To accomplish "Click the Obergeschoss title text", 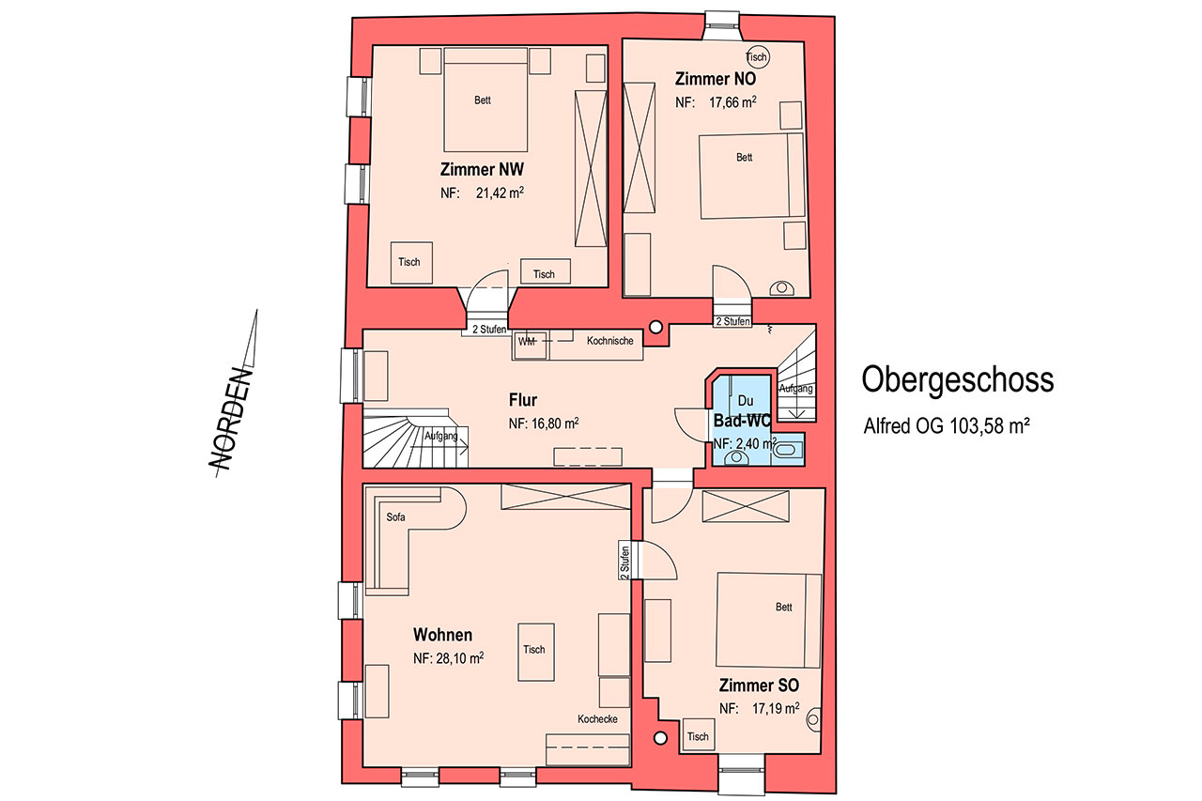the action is click(957, 380).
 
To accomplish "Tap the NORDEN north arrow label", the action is click(230, 419).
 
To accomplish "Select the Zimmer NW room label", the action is click(482, 170).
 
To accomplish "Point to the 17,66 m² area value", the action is click(732, 102).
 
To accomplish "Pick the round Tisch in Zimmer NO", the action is click(757, 56).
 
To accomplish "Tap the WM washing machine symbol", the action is click(531, 346).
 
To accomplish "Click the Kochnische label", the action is click(609, 341).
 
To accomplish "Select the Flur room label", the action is click(523, 400).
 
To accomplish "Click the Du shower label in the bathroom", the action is click(746, 400).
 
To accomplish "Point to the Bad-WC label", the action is click(742, 421).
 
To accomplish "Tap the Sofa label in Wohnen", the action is click(395, 517).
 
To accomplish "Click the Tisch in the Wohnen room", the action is click(535, 652).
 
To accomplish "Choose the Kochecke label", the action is click(597, 719).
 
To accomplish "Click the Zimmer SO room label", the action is click(759, 685).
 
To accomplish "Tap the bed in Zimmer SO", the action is click(768, 620).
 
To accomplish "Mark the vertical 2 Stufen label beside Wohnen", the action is click(624, 562).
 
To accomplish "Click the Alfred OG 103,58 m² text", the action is click(946, 426).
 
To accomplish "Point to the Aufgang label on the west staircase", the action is click(441, 436).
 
